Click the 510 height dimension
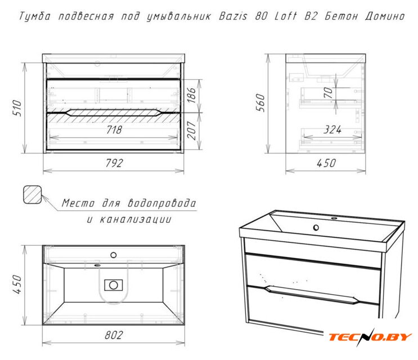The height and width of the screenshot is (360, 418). point(17,107)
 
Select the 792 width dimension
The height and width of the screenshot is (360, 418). point(114,163)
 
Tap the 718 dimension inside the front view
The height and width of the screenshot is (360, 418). point(114,129)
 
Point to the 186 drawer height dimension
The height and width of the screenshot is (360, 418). point(191,95)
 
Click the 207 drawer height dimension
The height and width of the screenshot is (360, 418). point(191,130)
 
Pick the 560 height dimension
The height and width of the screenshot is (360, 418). point(260,102)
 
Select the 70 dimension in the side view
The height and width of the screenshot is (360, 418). point(328,93)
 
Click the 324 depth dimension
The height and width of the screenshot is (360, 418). point(332,130)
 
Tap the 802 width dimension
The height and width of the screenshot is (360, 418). point(114,335)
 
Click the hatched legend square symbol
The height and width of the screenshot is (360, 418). point(32,195)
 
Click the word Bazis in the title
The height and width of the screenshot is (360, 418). point(233,16)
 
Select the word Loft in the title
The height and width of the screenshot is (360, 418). point(285,16)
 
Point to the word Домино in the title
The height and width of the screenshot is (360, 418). point(385,16)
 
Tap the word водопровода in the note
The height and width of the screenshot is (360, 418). point(162,203)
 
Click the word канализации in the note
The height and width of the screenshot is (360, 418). point(136,219)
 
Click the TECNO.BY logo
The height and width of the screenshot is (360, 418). point(370,337)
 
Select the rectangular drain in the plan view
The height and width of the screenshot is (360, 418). point(114,285)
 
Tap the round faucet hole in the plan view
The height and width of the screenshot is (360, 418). point(114,255)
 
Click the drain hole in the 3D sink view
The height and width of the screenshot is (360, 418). point(316,227)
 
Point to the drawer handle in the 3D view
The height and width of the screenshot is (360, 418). point(312,295)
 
